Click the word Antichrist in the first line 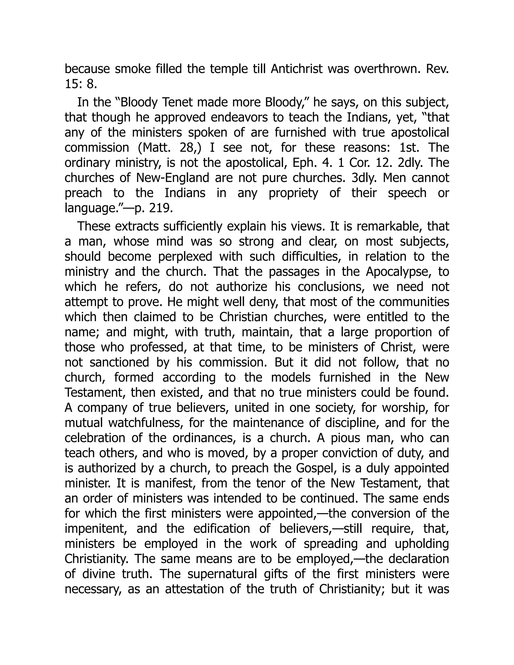pyautogui.click(x=296, y=69)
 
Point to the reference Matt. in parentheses pyautogui.click(x=152, y=148)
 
